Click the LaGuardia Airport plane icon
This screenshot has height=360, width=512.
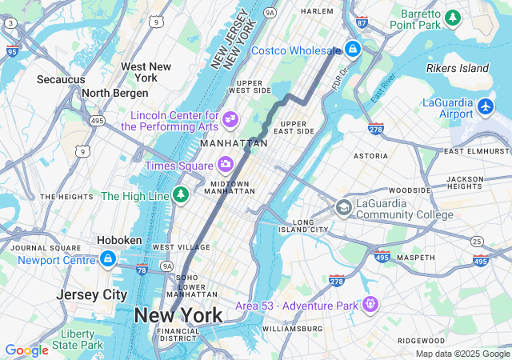click(x=486, y=106)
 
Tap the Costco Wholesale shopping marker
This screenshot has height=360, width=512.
click(x=353, y=50)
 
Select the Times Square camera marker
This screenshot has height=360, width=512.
click(x=226, y=165)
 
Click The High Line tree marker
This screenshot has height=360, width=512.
click(x=182, y=195)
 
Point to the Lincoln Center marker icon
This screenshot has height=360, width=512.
click(x=230, y=120)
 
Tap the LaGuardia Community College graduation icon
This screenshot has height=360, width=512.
click(x=343, y=208)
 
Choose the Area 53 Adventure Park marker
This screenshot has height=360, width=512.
click(x=370, y=305)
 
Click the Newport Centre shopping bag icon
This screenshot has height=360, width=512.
click(x=107, y=259)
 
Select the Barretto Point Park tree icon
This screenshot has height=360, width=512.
click(x=454, y=18)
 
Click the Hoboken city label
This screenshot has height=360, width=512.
click(x=119, y=240)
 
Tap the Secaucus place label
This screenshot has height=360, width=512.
click(x=61, y=79)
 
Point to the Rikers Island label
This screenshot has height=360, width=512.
click(x=457, y=69)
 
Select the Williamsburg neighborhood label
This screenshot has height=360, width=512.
click(x=292, y=329)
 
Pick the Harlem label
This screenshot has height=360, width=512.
click(x=317, y=11)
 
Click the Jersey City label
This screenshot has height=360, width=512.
click(x=91, y=294)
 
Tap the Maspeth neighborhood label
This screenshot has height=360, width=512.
click(x=415, y=258)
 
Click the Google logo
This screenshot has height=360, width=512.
click(x=26, y=350)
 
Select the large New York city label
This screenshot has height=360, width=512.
click(x=178, y=315)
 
